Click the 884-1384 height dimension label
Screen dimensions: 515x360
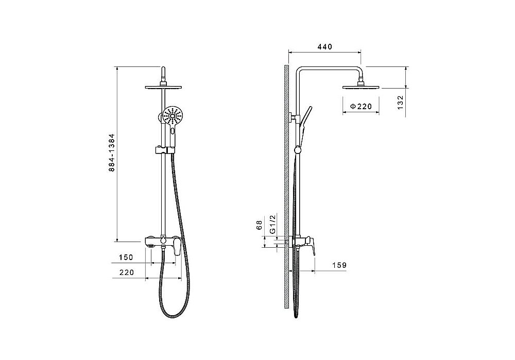(x=112, y=152)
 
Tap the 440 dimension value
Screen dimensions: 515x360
(x=325, y=47)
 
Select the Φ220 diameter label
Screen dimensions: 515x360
(x=360, y=107)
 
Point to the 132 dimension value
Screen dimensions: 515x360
(x=400, y=103)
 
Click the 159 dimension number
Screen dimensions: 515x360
(x=339, y=265)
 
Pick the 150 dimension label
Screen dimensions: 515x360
(x=126, y=258)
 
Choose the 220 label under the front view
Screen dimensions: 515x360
(x=127, y=272)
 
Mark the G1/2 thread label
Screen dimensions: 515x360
(x=272, y=224)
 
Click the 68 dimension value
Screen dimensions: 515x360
(x=260, y=225)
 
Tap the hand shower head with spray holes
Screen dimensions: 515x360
(x=172, y=115)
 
